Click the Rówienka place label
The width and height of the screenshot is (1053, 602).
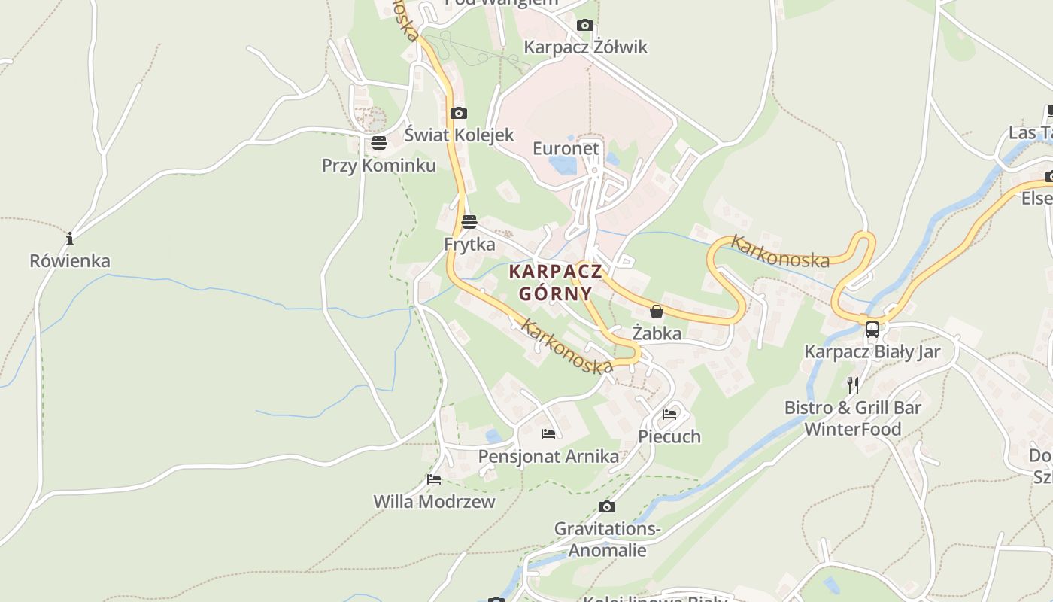point(70,261)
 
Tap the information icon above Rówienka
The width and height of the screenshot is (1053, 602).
point(70,239)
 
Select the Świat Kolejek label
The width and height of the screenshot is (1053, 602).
point(459,135)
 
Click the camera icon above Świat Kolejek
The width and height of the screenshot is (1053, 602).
point(458,114)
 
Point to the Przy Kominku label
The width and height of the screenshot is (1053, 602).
point(378,165)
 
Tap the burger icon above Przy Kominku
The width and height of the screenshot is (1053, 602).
point(378,143)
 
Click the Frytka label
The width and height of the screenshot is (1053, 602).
point(469,244)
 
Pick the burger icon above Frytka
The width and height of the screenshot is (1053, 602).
point(469,222)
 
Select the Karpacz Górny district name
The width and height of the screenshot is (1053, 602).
point(556,282)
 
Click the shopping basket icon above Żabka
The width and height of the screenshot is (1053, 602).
point(657,312)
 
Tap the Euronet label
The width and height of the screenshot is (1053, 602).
point(566,148)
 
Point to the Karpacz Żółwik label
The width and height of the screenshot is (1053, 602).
point(585,47)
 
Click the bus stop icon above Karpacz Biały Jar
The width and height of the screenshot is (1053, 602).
point(872,330)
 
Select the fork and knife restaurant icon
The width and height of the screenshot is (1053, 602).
point(852,385)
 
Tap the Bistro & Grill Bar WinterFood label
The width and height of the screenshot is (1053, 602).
point(852,418)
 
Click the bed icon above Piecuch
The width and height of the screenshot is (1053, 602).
point(669,415)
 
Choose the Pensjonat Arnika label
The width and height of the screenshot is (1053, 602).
point(548,456)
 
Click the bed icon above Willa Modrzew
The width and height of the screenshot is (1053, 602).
point(434,479)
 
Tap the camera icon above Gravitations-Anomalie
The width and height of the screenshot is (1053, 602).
point(607,507)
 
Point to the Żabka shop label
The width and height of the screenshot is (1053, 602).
point(657,333)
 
